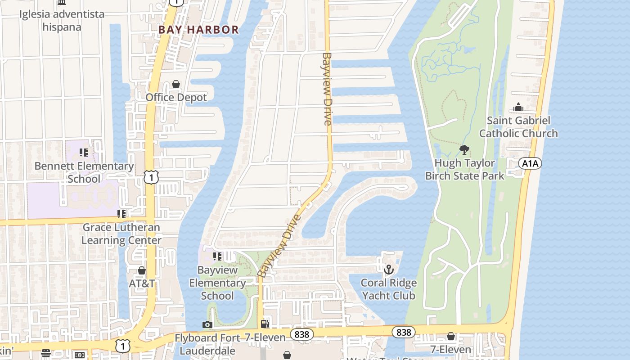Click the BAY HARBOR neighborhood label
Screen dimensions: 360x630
click(x=198, y=30)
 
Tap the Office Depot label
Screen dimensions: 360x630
click(x=176, y=97)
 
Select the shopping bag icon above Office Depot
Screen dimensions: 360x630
click(x=176, y=85)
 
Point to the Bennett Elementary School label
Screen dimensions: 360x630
click(x=84, y=172)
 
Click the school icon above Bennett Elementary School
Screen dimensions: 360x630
click(x=83, y=153)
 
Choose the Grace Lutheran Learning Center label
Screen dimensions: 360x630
click(x=121, y=234)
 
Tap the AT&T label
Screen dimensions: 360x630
click(x=142, y=283)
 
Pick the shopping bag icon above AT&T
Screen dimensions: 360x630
click(x=142, y=270)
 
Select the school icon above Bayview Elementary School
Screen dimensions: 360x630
click(x=217, y=256)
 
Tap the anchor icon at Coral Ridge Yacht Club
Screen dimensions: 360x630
click(x=388, y=270)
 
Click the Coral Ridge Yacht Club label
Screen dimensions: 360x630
click(x=389, y=289)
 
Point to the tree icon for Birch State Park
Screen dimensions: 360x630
click(x=464, y=150)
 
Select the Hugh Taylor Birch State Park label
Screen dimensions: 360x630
click(x=465, y=169)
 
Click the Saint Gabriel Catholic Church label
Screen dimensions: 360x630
click(x=518, y=127)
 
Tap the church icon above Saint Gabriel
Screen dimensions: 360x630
click(x=518, y=108)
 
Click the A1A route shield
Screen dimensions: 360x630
click(x=530, y=163)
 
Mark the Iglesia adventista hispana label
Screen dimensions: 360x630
click(x=62, y=20)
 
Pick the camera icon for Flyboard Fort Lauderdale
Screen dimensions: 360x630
click(x=207, y=324)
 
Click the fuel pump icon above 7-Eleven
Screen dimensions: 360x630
click(x=265, y=324)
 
